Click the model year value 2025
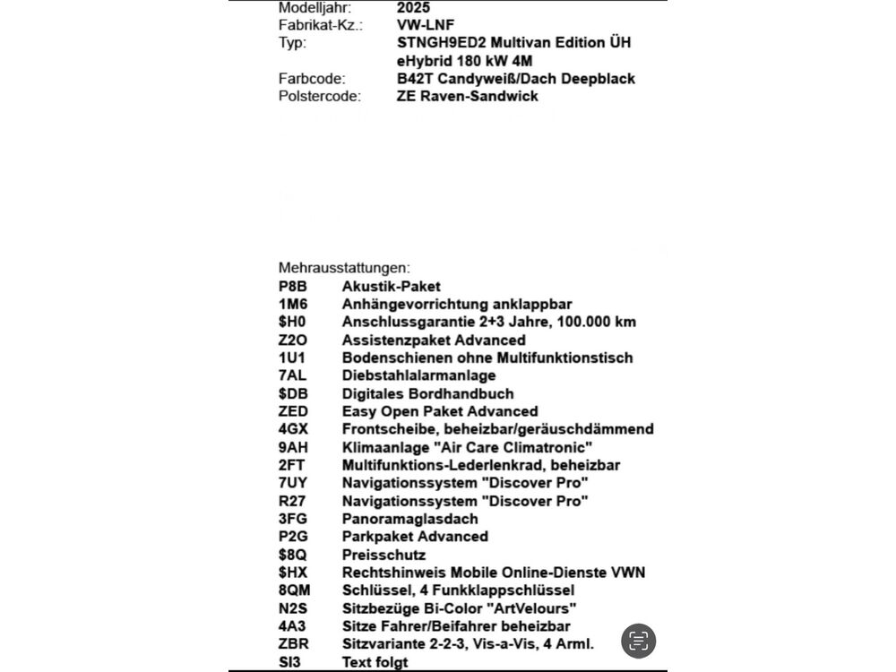(413, 7)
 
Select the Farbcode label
(312, 79)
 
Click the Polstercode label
(320, 96)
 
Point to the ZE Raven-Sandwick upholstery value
(467, 96)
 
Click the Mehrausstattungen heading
(344, 268)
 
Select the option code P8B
(293, 287)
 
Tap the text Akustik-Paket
(392, 287)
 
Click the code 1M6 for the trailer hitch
(293, 305)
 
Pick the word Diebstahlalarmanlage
(418, 375)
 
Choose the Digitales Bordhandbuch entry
(427, 393)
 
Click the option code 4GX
(294, 429)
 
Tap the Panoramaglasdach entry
(409, 519)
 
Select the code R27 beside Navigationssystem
(293, 501)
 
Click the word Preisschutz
(383, 555)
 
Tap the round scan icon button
(638, 641)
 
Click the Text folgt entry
(375, 662)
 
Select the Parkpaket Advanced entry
(415, 537)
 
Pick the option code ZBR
(294, 644)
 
